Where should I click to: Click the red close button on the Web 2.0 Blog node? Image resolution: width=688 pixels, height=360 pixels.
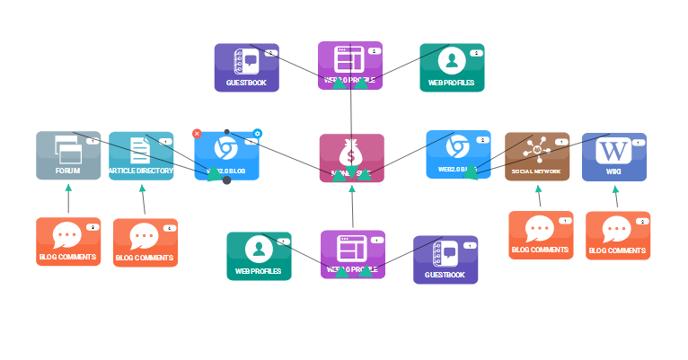pos(198,134)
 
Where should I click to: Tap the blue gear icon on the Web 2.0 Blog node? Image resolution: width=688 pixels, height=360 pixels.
pos(257,134)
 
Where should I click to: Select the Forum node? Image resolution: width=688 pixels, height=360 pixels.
pos(68,156)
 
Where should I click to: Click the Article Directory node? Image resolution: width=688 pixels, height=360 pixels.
pos(141,156)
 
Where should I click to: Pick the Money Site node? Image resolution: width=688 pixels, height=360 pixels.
pos(351,158)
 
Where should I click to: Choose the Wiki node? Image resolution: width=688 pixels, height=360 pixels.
pos(614,157)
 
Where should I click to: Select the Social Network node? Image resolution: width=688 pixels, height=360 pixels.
pos(537,157)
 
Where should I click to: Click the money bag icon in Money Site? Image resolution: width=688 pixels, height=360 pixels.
pos(351,150)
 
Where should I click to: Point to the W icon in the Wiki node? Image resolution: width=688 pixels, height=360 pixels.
pos(614,149)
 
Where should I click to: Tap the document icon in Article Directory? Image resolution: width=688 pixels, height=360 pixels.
pos(140,149)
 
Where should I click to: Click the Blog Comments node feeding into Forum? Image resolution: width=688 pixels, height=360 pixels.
pos(68,241)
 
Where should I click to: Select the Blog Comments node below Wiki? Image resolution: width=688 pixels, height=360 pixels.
pos(618,236)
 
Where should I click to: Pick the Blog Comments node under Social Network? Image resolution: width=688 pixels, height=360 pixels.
pos(541,235)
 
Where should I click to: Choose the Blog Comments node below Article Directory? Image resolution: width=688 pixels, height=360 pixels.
pos(146,242)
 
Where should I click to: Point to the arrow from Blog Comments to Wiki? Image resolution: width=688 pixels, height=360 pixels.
pos(616,197)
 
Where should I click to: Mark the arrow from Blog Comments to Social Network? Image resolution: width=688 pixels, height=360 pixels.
pos(539,197)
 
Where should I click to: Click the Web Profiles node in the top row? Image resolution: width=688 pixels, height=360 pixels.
pos(452,67)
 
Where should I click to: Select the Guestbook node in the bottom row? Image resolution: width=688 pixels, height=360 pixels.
pos(445,259)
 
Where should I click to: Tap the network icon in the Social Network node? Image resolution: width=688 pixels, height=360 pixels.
pos(537,147)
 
